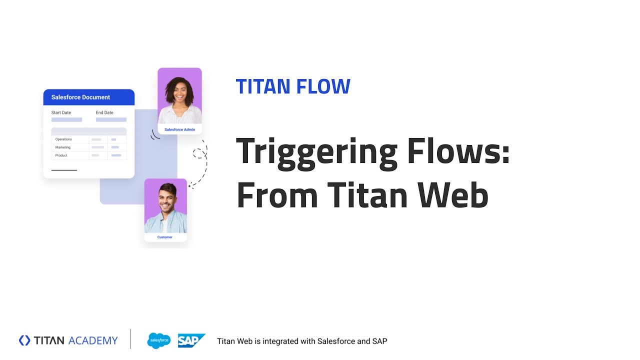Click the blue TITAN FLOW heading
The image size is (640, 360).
293,86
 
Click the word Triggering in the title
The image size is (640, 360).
316,152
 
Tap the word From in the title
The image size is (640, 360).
276,195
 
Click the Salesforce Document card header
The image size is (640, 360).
80,97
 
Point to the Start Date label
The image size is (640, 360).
61,113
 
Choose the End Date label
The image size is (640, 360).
104,113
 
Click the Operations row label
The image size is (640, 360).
63,139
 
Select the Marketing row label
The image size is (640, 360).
63,147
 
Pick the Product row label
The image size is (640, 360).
61,155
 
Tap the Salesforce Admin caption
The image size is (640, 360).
179,129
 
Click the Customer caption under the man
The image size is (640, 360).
164,237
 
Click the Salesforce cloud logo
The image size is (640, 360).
159,341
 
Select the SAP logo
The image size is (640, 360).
191,341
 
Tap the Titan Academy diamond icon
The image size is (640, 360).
24,340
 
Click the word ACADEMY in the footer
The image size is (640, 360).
93,341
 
